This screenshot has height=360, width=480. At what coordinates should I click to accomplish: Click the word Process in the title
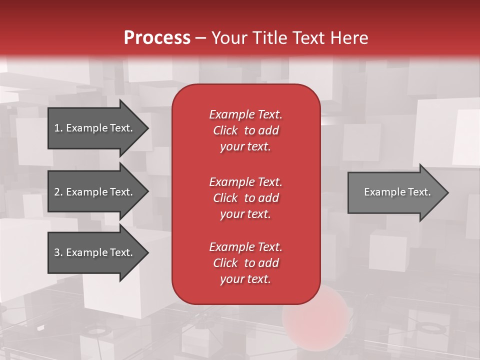pyautogui.click(x=157, y=38)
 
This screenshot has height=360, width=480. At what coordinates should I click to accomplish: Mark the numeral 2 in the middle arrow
pyautogui.click(x=57, y=192)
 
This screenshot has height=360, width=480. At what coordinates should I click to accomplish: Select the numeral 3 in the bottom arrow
pyautogui.click(x=57, y=252)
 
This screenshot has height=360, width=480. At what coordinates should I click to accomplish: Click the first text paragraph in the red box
pyautogui.click(x=245, y=130)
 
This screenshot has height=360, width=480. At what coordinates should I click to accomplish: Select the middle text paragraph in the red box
pyautogui.click(x=245, y=198)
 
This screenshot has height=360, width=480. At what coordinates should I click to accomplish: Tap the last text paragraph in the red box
pyautogui.click(x=245, y=263)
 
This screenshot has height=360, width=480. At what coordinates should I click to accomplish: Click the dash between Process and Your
pyautogui.click(x=200, y=38)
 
